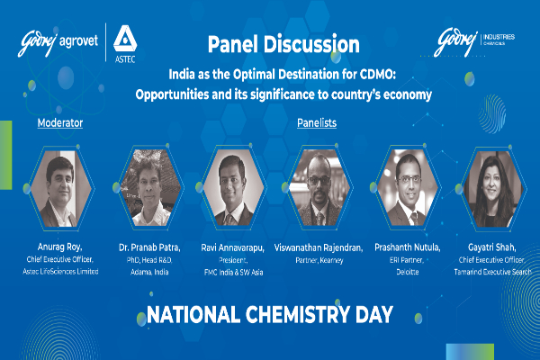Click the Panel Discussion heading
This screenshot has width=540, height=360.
click(x=283, y=44)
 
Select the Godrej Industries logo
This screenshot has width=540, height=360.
click(x=474, y=41)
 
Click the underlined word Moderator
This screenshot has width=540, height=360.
click(x=60, y=123)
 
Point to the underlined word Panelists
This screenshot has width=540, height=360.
click(x=317, y=123)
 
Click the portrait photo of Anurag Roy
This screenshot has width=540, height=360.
click(x=61, y=188)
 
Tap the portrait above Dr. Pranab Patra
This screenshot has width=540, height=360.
click(x=149, y=188)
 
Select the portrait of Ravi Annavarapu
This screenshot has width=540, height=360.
click(x=233, y=187)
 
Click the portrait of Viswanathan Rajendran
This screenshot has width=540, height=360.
click(x=319, y=188)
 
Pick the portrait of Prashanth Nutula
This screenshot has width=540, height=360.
click(x=408, y=188)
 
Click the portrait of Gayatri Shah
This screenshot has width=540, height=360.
click(x=493, y=189)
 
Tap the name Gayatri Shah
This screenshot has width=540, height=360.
click(x=491, y=247)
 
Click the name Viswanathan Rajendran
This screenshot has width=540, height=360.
click(x=319, y=247)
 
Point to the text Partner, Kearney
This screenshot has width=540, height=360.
click(x=319, y=260)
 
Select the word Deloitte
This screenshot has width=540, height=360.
click(x=408, y=272)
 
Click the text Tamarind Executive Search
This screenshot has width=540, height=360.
click(x=492, y=272)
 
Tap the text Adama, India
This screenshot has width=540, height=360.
click(x=149, y=272)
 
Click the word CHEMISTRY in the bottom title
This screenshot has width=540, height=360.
click(x=298, y=314)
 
